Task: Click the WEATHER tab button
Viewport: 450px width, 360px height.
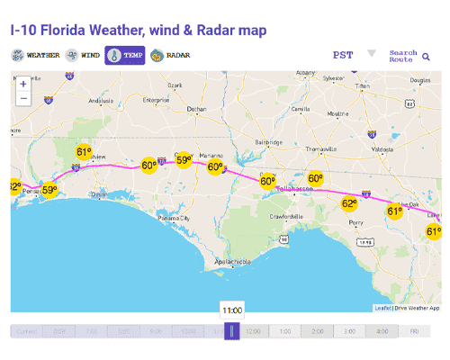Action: pyautogui.click(x=36, y=55)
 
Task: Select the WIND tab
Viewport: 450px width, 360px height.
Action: pyautogui.click(x=83, y=55)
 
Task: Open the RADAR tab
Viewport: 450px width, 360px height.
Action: pyautogui.click(x=170, y=55)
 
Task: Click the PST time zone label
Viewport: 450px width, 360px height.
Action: pyautogui.click(x=343, y=55)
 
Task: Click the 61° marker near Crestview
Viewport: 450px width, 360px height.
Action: pyautogui.click(x=84, y=152)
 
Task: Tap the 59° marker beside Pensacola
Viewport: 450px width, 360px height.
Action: pyautogui.click(x=49, y=190)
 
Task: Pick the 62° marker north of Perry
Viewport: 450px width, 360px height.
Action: pyautogui.click(x=349, y=204)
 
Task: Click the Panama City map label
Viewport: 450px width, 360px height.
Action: pyautogui.click(x=174, y=218)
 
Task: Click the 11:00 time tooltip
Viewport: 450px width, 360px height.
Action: pyautogui.click(x=232, y=309)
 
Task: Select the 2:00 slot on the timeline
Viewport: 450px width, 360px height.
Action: pyautogui.click(x=318, y=331)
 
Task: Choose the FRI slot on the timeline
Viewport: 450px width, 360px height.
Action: pyautogui.click(x=414, y=331)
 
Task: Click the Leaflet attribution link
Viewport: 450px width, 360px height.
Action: pyautogui.click(x=383, y=308)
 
